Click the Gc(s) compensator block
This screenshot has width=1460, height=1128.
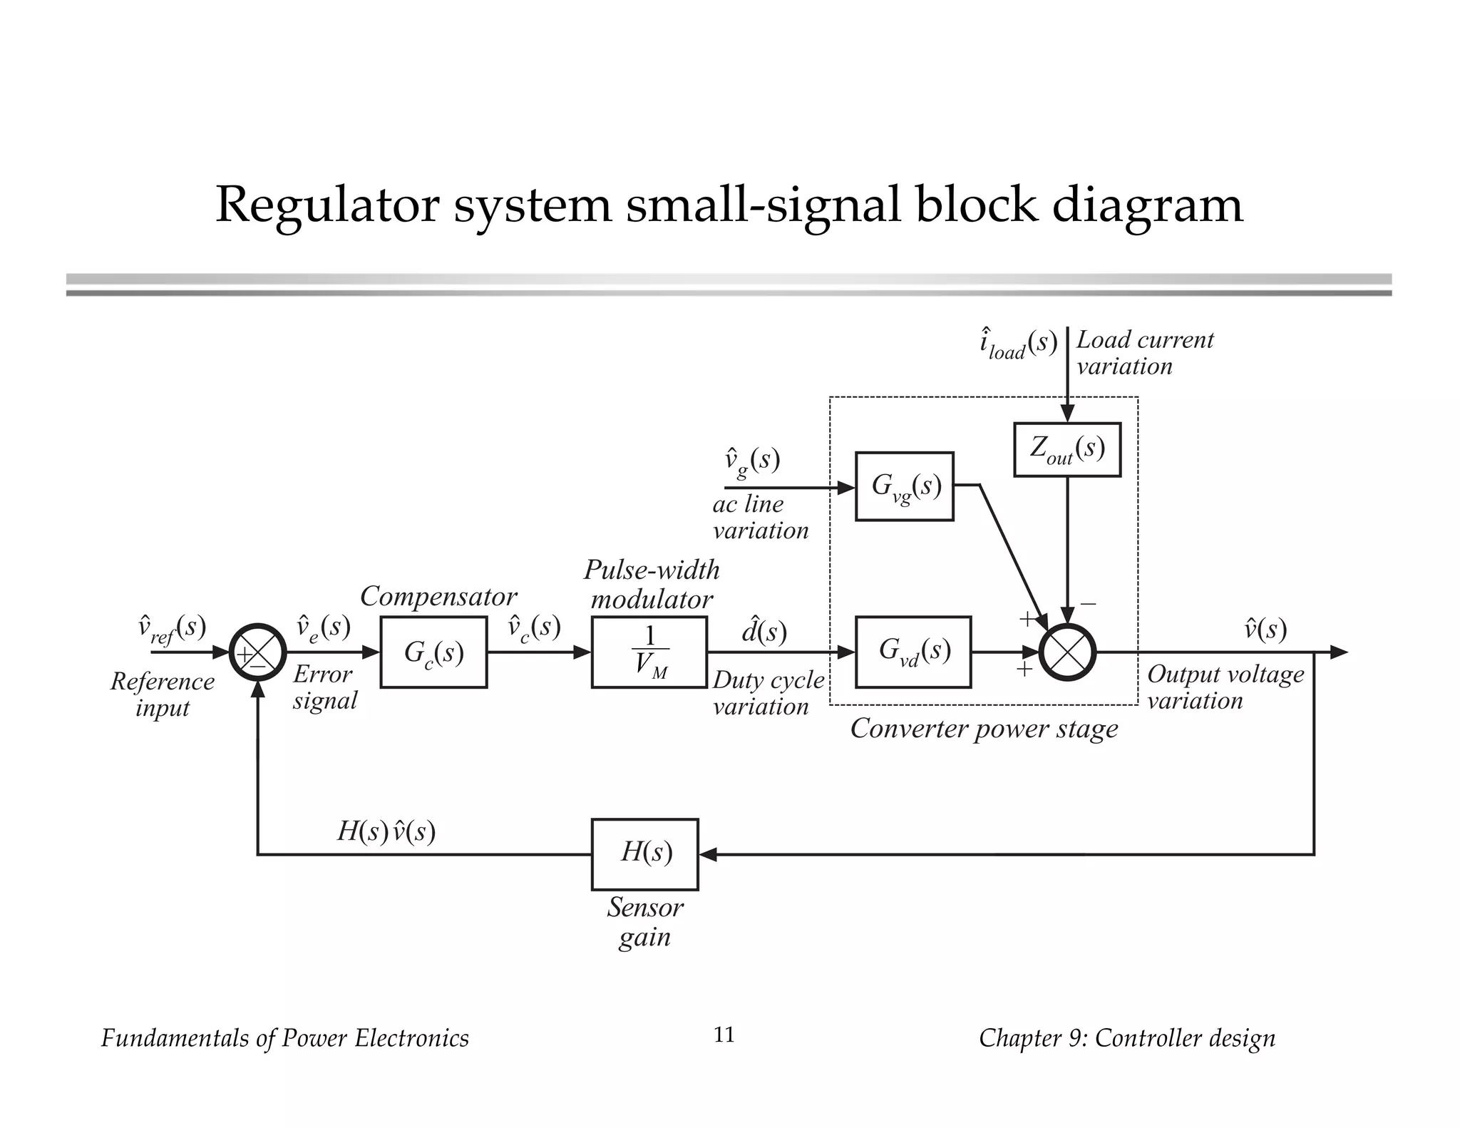[x=433, y=652]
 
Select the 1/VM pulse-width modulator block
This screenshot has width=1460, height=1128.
[x=649, y=652]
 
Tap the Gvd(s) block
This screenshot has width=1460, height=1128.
[x=913, y=652]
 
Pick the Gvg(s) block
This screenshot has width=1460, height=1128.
[x=904, y=486]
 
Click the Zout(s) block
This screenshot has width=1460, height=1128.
[x=1067, y=449]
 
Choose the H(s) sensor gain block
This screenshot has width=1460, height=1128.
[x=644, y=853]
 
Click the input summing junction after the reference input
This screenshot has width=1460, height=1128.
[x=257, y=652]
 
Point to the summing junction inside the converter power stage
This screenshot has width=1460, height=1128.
[x=1067, y=652]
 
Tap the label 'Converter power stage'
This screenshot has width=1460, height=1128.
[x=984, y=729]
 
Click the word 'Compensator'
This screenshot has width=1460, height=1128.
[x=438, y=596]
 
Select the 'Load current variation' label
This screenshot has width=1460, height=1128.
[x=1143, y=353]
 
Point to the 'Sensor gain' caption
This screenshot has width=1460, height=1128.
[x=644, y=921]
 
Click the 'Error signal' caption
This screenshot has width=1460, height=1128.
[x=324, y=687]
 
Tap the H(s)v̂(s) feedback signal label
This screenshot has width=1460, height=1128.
[x=386, y=831]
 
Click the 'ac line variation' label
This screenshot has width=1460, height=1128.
[x=759, y=517]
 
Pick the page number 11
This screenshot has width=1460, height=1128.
[x=724, y=1035]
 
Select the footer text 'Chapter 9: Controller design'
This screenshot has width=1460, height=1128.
[x=1126, y=1038]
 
